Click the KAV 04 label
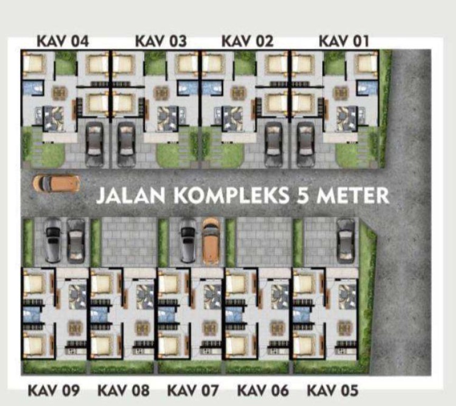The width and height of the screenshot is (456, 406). (62, 41)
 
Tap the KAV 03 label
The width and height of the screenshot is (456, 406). (161, 41)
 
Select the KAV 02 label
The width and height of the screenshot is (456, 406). (247, 41)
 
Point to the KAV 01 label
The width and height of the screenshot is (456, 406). (344, 41)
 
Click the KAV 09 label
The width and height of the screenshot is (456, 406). (53, 390)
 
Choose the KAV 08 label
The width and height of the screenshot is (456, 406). (123, 390)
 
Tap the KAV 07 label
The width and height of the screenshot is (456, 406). (193, 390)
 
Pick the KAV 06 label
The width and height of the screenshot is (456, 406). (263, 390)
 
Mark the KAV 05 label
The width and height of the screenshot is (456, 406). (332, 390)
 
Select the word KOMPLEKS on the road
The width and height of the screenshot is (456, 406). (231, 195)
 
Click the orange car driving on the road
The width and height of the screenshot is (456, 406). (57, 183)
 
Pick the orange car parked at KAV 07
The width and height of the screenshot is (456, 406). (210, 241)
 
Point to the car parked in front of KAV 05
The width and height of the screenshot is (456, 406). (346, 241)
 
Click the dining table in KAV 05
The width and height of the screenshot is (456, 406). (345, 328)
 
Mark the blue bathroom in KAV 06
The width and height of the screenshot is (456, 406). (234, 315)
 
